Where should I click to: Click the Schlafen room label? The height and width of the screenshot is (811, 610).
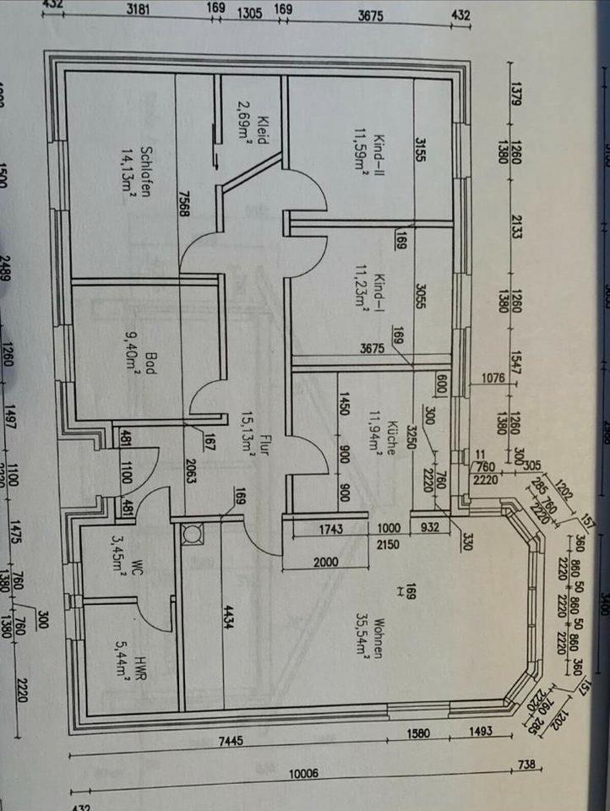(x=146, y=169)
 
